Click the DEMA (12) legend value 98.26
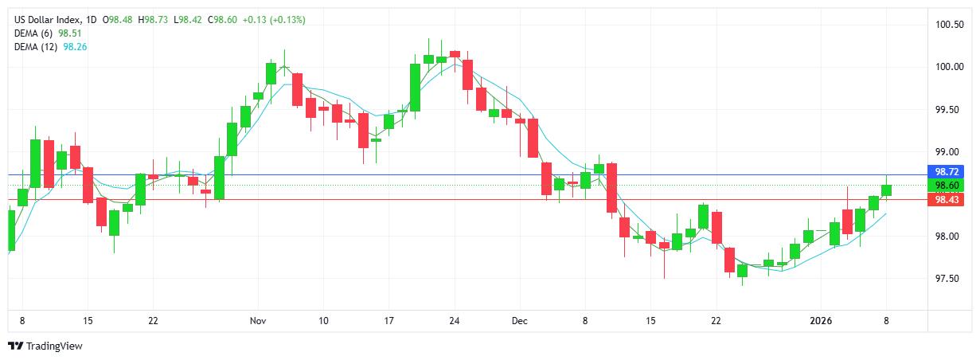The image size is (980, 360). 74,46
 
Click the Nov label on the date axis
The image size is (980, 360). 257,321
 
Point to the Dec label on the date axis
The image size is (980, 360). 519,321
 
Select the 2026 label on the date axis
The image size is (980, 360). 821,321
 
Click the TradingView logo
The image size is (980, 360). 45,346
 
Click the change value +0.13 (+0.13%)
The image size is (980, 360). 276,19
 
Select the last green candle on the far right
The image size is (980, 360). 886,190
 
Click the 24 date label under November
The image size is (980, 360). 455,321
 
